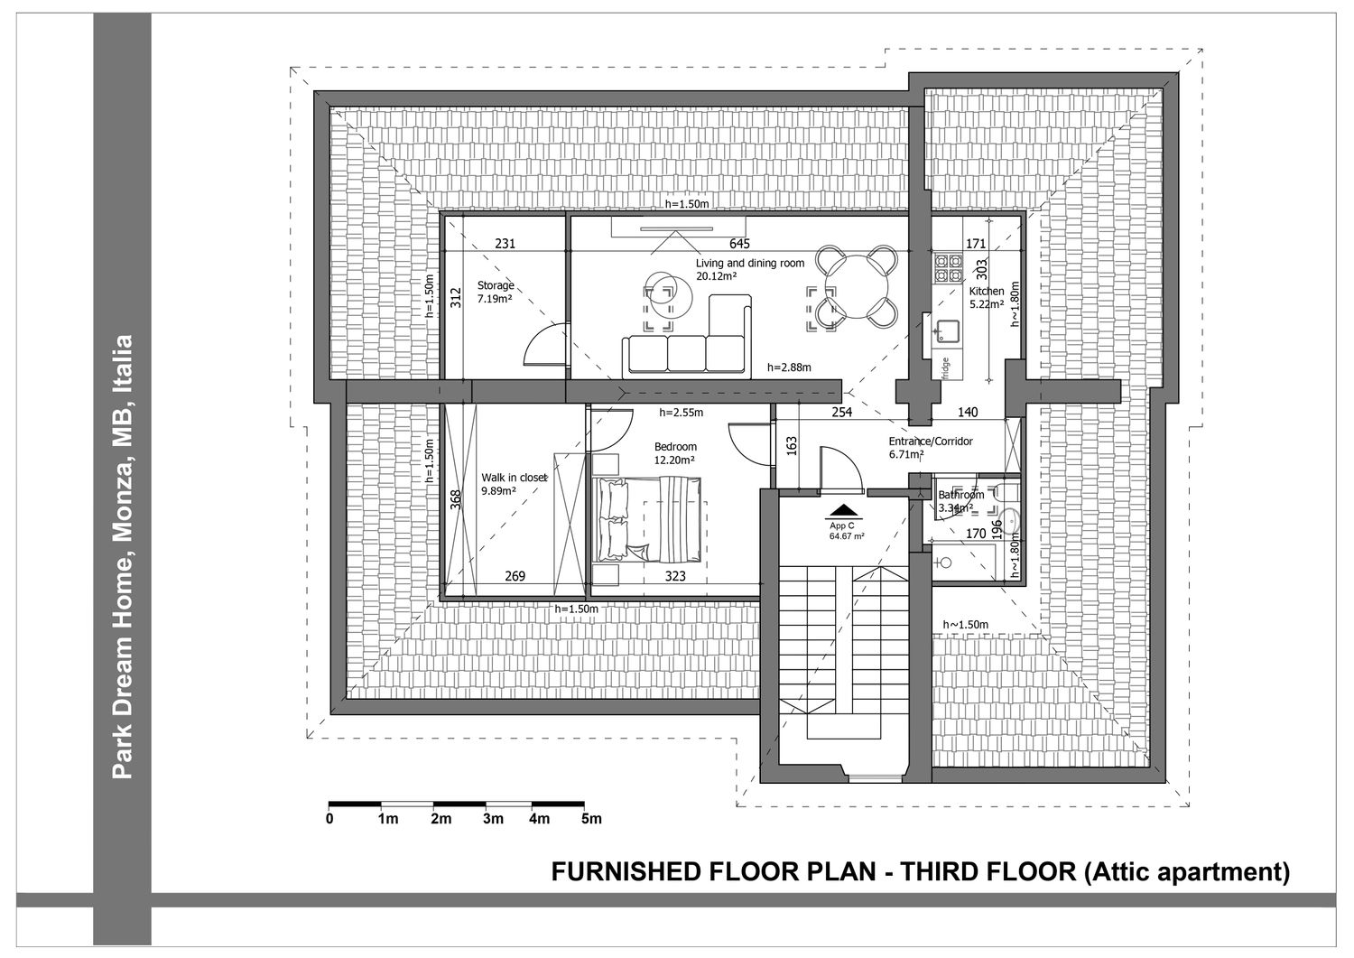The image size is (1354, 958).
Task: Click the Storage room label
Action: click(496, 284)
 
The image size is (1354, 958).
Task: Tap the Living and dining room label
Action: click(749, 263)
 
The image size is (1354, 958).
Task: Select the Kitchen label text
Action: click(987, 291)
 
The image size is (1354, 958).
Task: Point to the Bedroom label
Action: click(675, 446)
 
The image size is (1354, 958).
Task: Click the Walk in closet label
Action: click(514, 477)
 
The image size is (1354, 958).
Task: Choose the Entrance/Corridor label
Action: click(931, 441)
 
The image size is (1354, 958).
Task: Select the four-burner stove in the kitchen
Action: click(948, 269)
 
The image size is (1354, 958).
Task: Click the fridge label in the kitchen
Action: click(945, 368)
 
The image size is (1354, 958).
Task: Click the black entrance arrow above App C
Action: click(841, 511)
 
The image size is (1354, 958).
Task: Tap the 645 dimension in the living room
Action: click(739, 243)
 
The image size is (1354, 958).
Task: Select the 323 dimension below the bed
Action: click(675, 576)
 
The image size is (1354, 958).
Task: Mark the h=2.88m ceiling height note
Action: click(789, 367)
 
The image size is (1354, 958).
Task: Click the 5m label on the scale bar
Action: click(591, 819)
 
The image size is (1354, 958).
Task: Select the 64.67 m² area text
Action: click(847, 535)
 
